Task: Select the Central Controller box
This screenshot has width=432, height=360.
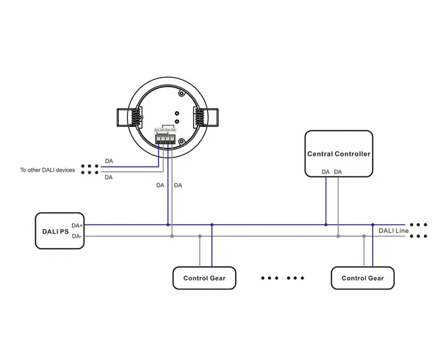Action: [338, 153]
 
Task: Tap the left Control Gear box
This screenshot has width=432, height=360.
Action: [204, 278]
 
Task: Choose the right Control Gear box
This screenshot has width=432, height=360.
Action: [362, 278]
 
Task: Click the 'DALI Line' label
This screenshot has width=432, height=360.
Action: [393, 231]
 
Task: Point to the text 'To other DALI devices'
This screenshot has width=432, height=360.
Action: [47, 170]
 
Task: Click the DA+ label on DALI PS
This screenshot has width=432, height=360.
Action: [77, 225]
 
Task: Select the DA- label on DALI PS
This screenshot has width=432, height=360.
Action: [76, 236]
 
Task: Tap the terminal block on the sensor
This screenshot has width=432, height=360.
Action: [165, 137]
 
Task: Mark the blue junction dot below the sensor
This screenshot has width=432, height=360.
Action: [167, 224]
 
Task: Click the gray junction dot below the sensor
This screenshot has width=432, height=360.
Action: [172, 236]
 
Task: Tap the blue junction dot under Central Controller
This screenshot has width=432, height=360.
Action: [325, 224]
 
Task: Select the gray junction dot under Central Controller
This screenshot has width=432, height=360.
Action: [338, 236]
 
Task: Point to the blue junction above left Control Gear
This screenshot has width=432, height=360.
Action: [212, 224]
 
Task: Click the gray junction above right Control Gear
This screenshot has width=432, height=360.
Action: [364, 236]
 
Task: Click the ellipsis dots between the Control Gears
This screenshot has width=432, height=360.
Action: [282, 278]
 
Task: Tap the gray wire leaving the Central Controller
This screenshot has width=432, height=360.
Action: [338, 203]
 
